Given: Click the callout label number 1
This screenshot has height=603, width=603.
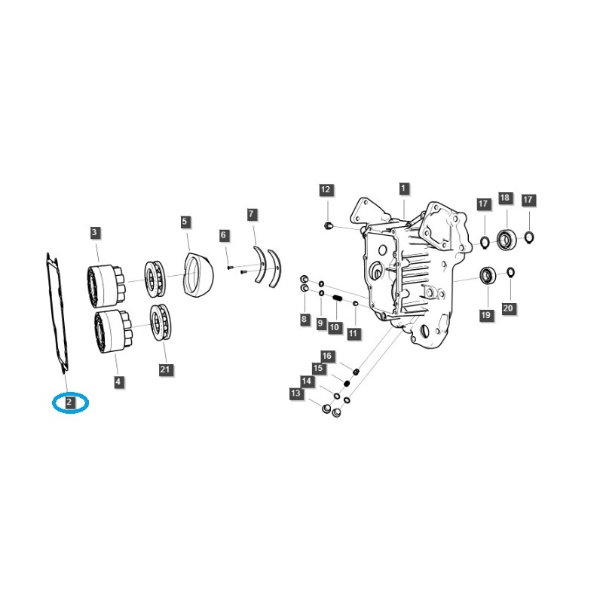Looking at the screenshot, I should (403, 188).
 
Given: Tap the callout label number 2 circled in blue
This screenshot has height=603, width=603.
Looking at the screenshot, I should (69, 403).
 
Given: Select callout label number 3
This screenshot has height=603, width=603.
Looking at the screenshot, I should (95, 232).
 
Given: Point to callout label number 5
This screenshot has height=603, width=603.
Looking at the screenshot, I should (185, 222).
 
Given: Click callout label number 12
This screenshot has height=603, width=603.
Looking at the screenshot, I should (326, 190).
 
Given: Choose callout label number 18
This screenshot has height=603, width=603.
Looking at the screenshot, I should (504, 198).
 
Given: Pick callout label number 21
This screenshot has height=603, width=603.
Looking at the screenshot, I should (165, 369).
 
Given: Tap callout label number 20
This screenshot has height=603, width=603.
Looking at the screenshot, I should (508, 308).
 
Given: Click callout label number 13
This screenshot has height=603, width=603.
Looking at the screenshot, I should (295, 393).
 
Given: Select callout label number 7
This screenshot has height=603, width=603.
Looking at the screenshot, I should (252, 215).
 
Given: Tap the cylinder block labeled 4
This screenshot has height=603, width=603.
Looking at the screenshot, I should (110, 329).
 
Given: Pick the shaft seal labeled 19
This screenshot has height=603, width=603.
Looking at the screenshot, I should (488, 276).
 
